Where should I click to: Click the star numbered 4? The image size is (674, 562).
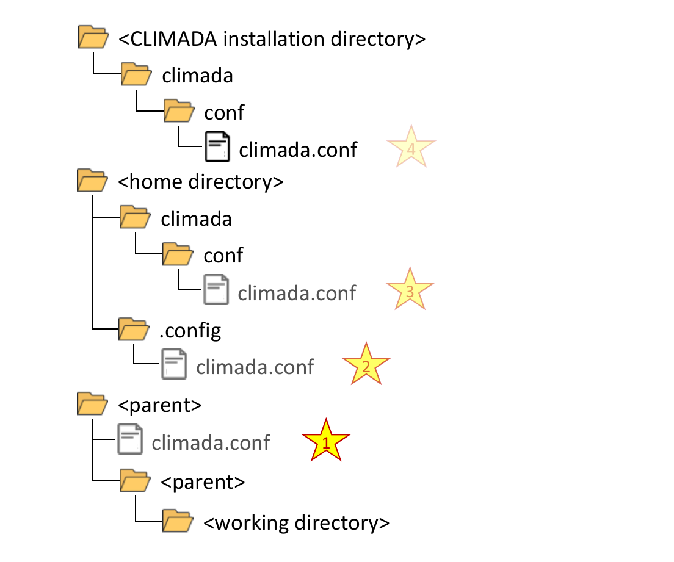point(411,148)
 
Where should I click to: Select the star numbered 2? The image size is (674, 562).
point(366,366)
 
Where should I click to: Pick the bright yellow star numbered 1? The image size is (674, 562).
point(326,441)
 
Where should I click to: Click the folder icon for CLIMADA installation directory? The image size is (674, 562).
point(93,38)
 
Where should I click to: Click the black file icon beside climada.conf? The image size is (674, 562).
point(217,147)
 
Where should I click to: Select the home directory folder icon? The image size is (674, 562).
point(93,181)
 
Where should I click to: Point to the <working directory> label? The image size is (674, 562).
point(296,523)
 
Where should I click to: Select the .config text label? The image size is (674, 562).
point(190,331)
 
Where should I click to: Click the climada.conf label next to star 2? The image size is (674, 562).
point(255,366)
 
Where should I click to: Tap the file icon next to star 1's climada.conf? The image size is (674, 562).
point(129,441)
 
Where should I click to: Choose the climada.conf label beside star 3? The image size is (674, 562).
point(297,293)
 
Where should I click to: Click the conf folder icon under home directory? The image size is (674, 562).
point(178,254)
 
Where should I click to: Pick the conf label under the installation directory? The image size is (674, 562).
point(224,112)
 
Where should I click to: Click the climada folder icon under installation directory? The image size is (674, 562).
point(136,75)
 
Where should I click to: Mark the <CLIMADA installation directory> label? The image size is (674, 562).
point(272,38)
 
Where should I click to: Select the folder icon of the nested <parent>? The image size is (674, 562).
point(135,481)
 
